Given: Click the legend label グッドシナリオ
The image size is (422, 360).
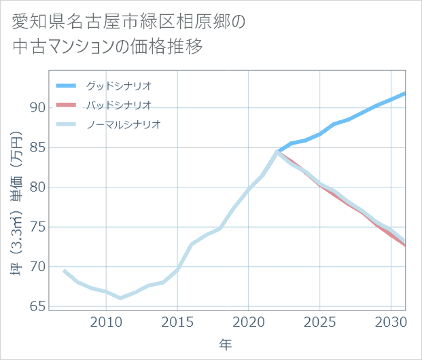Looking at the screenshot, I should [x=118, y=86].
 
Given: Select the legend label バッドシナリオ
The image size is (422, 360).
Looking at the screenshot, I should [x=118, y=105].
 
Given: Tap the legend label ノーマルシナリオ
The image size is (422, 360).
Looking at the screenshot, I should [x=123, y=124].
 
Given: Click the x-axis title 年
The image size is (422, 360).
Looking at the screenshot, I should [x=226, y=345].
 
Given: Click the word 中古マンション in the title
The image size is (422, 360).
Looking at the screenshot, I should [x=65, y=48].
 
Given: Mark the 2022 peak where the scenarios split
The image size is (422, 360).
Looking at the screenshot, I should [x=277, y=151].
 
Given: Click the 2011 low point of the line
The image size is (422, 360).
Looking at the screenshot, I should [x=120, y=298].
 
